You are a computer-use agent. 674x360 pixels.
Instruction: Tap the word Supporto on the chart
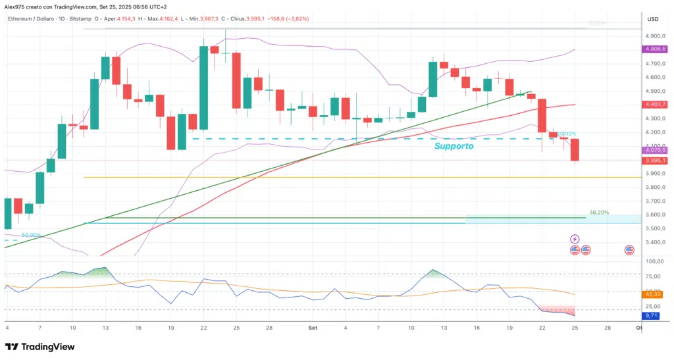pos(454,145)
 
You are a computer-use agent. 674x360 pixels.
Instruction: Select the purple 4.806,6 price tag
pos(656,49)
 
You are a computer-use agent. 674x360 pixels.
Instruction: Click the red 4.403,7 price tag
pos(656,104)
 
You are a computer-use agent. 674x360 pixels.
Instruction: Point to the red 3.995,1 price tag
pos(656,160)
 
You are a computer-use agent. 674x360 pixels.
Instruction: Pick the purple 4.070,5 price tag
pos(656,150)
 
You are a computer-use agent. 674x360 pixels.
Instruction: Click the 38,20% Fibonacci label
pos(600,213)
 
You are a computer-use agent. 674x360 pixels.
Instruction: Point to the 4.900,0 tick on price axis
pos(656,36)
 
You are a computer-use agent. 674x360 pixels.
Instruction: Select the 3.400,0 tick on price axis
pos(656,242)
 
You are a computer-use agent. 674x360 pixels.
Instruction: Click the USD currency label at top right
pos(653,19)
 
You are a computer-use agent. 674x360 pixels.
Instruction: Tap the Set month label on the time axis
pos(313,326)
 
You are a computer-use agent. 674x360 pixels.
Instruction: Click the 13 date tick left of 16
pos(105,326)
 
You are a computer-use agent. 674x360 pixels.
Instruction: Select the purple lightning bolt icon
pos(575,238)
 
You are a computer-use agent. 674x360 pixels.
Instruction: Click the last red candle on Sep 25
pos(575,149)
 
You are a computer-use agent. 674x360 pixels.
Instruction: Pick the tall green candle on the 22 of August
pos(203,87)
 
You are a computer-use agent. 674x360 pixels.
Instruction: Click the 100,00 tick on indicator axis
pos(654,261)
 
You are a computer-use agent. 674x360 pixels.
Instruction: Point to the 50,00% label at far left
pos(31,235)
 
